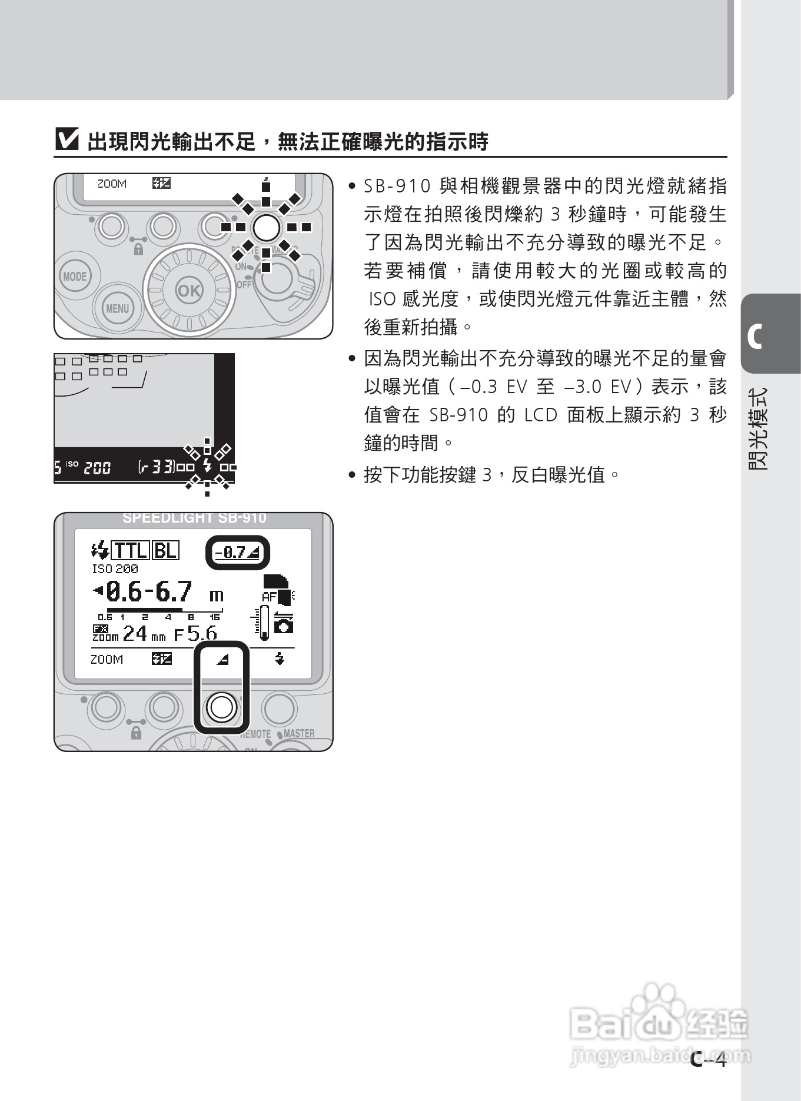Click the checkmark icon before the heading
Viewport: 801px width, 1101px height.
[x=67, y=140]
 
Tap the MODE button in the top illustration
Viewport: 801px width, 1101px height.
[x=75, y=277]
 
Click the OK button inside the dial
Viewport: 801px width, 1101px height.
[x=189, y=291]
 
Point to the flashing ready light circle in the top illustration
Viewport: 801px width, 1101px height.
[x=266, y=227]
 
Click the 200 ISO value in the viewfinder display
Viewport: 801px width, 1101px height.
[x=97, y=468]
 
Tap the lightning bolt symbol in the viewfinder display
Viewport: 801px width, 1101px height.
[x=207, y=466]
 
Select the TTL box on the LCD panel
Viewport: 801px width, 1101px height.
[x=130, y=550]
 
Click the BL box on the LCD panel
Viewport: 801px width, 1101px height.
[x=165, y=550]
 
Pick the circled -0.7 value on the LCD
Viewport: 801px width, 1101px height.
[x=237, y=553]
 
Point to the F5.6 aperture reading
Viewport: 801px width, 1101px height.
[x=195, y=634]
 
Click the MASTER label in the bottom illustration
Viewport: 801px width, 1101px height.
[x=299, y=734]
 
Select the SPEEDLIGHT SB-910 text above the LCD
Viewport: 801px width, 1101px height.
[x=194, y=518]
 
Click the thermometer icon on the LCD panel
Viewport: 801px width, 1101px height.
[x=262, y=623]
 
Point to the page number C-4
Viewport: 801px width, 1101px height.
[x=709, y=1059]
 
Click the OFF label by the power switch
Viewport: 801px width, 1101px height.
[x=244, y=285]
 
